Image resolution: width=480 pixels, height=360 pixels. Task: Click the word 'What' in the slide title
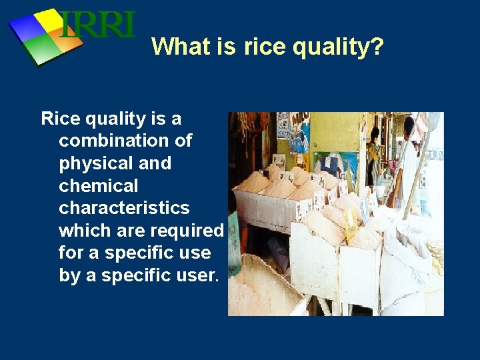[175, 47]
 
